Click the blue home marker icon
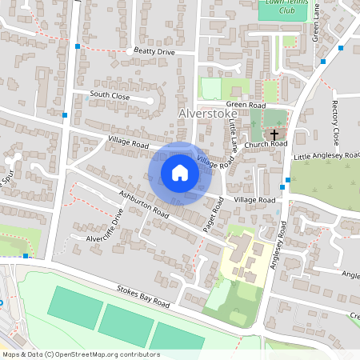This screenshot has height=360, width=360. pyautogui.click(x=180, y=173)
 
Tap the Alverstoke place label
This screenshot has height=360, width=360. pyautogui.click(x=203, y=115)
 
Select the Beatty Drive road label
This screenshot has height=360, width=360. pyautogui.click(x=154, y=51)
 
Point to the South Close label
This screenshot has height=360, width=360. pyautogui.click(x=110, y=94)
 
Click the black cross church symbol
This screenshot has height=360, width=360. pyautogui.click(x=274, y=135)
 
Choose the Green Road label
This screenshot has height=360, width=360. pyautogui.click(x=246, y=104)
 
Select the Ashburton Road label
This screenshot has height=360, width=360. pyautogui.click(x=144, y=205)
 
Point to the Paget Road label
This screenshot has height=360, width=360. pyautogui.click(x=211, y=217)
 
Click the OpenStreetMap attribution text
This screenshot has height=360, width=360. pyautogui.click(x=80, y=354)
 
